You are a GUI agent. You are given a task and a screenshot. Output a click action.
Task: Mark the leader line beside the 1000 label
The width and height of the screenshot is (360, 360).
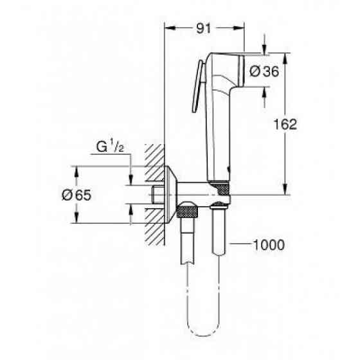(239, 244)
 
